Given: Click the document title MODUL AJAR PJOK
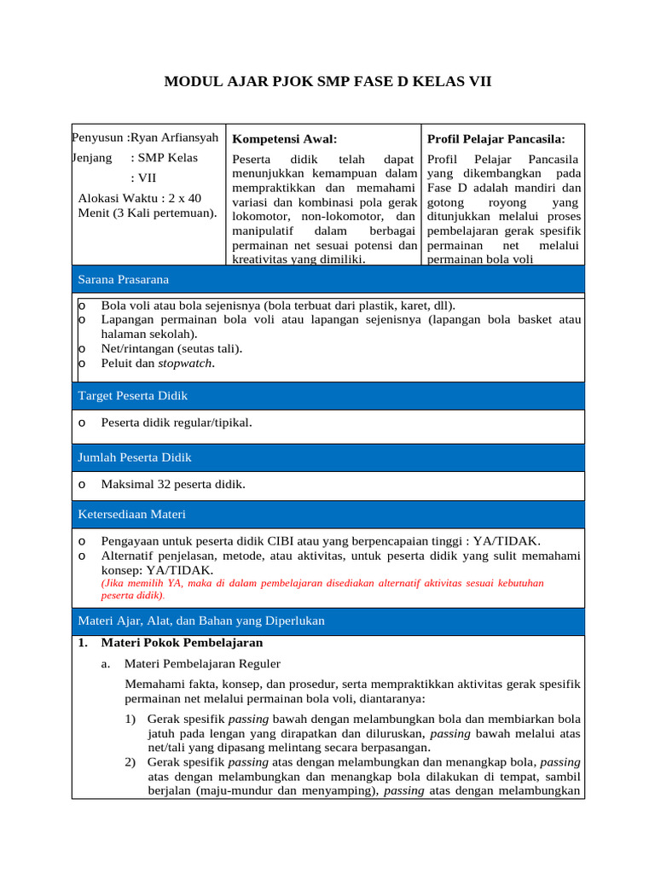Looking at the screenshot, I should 327,82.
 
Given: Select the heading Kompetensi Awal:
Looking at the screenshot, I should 285,138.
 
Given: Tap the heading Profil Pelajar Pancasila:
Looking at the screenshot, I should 496,138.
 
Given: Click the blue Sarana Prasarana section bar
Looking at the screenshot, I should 327,279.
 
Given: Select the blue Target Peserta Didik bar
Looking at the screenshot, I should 327,396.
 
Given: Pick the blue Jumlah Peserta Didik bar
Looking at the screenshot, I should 327,457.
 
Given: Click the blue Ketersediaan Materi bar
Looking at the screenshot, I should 327,515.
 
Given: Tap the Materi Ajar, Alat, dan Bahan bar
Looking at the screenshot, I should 327,621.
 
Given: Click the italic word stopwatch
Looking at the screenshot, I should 186,364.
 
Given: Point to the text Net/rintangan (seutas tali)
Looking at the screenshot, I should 171,348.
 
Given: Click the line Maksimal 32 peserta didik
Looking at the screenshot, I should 173,485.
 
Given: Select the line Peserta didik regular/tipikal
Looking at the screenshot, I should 177,422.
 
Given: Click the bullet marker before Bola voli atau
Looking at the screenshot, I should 81,306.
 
